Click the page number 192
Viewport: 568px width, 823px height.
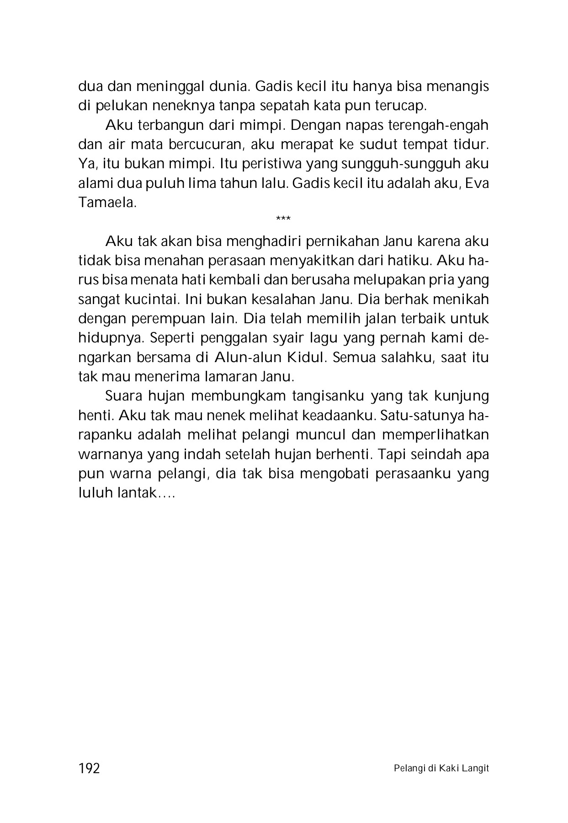click(x=89, y=769)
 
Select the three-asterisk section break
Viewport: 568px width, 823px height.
click(x=283, y=219)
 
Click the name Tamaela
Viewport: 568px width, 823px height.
click(x=108, y=203)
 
